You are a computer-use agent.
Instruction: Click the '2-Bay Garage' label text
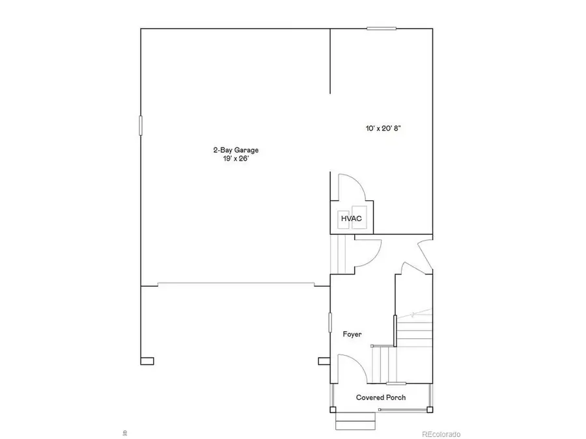230,150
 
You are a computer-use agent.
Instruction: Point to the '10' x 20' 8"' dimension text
382,129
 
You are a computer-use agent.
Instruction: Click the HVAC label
352,219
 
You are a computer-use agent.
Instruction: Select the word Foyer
352,334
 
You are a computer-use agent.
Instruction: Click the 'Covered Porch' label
381,397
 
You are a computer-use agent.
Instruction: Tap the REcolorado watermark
441,434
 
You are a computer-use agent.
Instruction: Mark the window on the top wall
381,28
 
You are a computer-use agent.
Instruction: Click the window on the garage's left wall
141,125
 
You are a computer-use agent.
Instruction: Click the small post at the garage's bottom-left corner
147,360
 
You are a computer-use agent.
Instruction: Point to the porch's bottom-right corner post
429,410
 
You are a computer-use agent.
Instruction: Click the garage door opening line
236,284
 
